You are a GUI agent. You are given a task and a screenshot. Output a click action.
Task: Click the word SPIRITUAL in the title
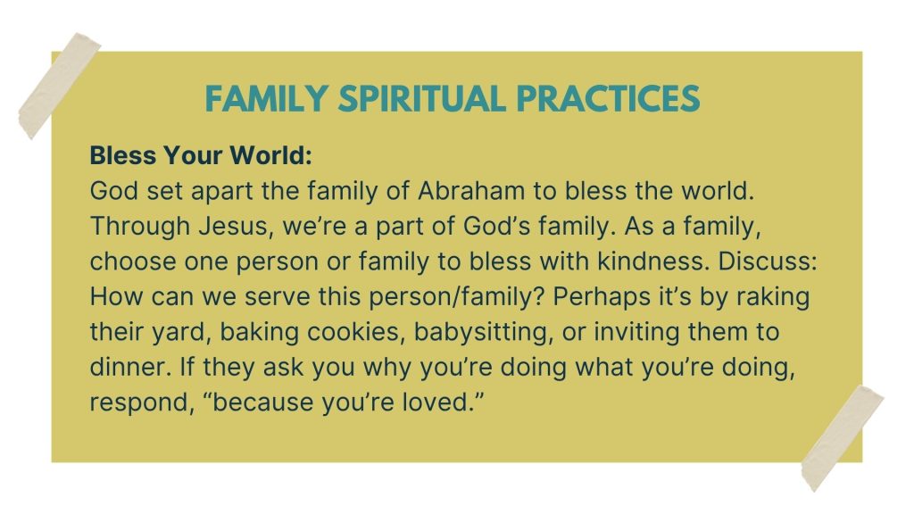[x=422, y=98]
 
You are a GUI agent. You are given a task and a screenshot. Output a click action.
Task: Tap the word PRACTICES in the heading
[x=608, y=98]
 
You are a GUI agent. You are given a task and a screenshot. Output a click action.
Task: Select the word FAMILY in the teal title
[x=266, y=98]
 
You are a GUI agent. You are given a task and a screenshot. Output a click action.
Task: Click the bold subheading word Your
[x=193, y=155]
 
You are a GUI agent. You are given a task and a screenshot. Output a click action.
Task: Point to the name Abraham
[x=471, y=191]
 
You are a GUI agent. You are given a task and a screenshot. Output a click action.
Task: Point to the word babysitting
[x=483, y=333]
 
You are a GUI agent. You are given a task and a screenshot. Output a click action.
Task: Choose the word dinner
[x=130, y=368]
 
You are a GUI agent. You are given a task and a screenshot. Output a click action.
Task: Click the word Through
[x=140, y=227]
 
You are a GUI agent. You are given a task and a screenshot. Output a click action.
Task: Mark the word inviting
[x=636, y=333]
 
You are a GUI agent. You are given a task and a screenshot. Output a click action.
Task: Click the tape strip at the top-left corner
[x=60, y=86]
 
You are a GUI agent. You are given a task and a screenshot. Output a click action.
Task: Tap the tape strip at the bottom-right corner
[x=843, y=438]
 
